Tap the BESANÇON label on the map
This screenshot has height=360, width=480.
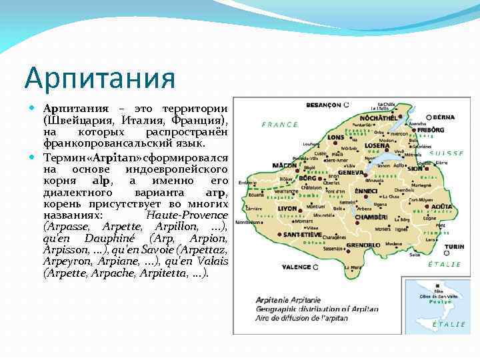coord(323,105)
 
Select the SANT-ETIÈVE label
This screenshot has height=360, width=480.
coord(302,235)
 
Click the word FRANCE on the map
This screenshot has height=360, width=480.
coord(280,125)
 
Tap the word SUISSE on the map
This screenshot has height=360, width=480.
coord(447,153)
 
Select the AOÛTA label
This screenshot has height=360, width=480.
coord(441,207)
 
